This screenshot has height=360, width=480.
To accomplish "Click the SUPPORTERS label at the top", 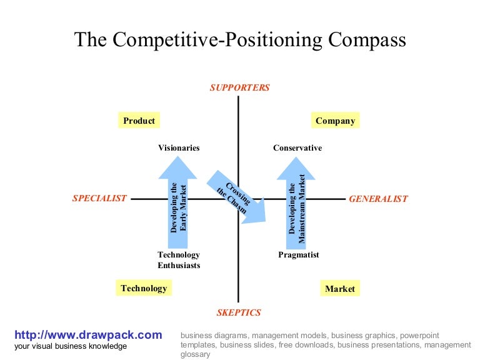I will click(239, 87).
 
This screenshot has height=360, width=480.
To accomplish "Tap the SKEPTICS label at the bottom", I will click(239, 312).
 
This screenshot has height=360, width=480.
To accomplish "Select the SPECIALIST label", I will click(99, 198).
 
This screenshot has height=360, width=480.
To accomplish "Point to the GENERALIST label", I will click(378, 199).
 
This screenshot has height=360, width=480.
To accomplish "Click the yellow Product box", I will click(139, 121).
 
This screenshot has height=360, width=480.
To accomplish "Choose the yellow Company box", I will click(335, 121).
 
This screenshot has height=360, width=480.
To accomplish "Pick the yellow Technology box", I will click(144, 288).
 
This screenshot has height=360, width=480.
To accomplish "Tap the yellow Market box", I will click(340, 289).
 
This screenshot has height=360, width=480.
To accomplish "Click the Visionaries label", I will click(179, 148).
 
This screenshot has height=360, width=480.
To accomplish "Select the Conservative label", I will click(297, 148).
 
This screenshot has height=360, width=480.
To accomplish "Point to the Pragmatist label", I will click(299, 255).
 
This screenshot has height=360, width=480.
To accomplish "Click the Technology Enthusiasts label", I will click(179, 260).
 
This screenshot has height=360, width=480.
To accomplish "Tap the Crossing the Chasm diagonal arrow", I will click(237, 196).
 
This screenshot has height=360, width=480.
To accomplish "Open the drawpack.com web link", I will click(88, 335).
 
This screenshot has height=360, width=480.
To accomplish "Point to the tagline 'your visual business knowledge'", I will click(71, 346).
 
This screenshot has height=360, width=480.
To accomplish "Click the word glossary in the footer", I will click(195, 354).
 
